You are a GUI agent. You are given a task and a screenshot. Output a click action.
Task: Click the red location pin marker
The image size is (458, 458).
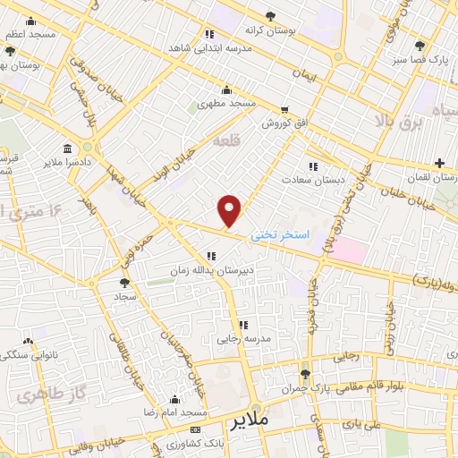coord(231,210)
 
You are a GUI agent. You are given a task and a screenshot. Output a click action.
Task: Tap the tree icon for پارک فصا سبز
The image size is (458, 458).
coord(420,47)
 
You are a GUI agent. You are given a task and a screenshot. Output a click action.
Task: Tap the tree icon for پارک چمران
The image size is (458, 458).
coord(306,374)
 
